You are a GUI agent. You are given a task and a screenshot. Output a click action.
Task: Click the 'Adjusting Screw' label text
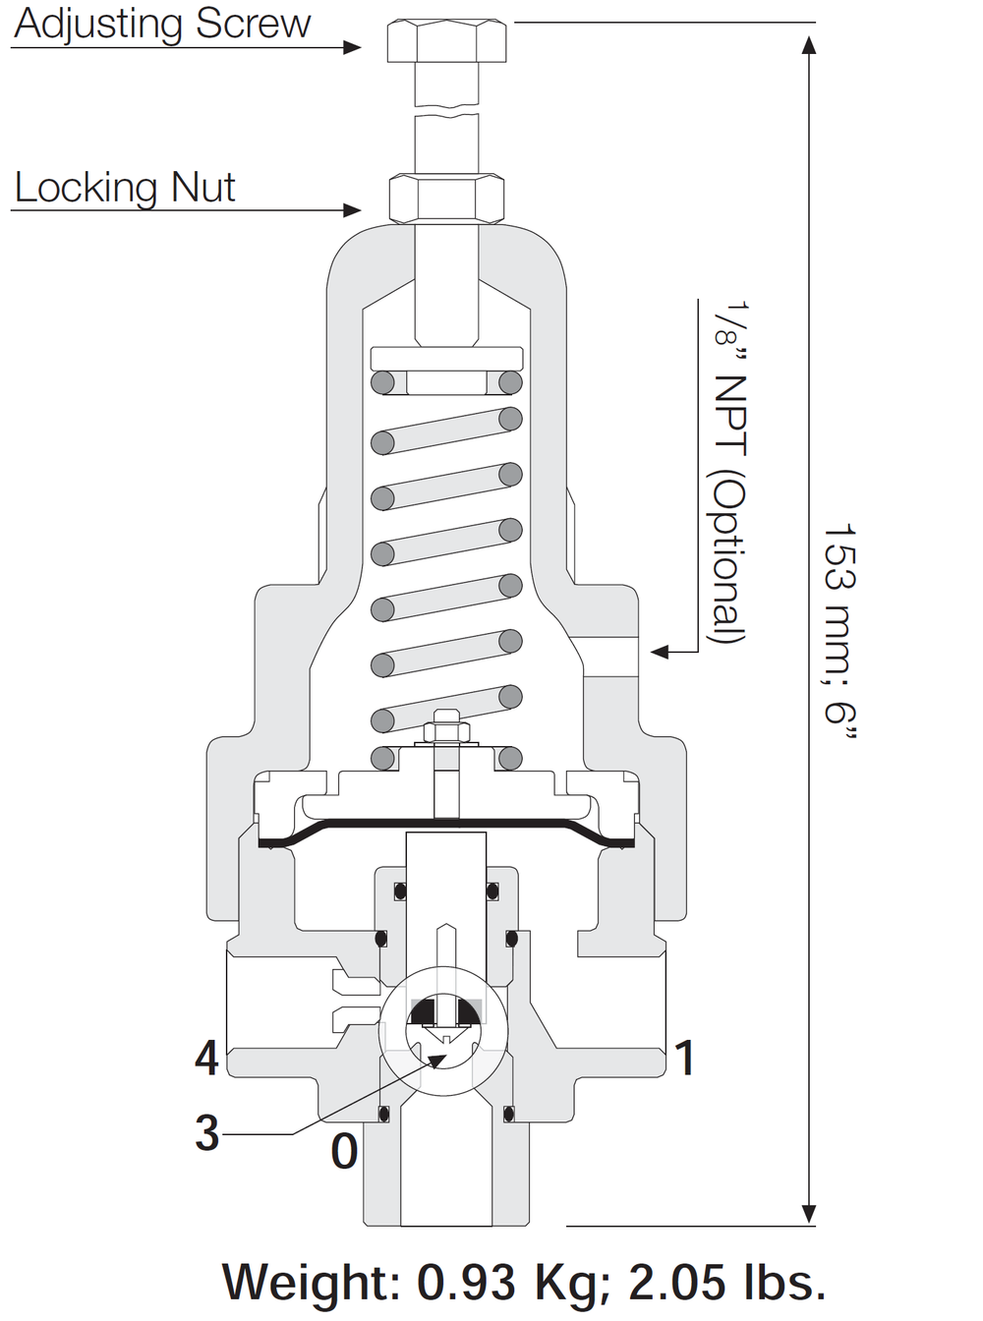click(162, 25)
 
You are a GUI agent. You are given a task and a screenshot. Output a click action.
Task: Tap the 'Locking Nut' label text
click(125, 188)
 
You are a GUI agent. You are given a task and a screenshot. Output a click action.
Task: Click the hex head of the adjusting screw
click(446, 40)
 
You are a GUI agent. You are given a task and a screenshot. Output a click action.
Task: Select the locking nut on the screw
click(446, 199)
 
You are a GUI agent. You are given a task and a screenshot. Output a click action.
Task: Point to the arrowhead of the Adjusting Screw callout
click(352, 47)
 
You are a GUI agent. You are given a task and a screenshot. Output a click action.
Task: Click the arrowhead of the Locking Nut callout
click(352, 209)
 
